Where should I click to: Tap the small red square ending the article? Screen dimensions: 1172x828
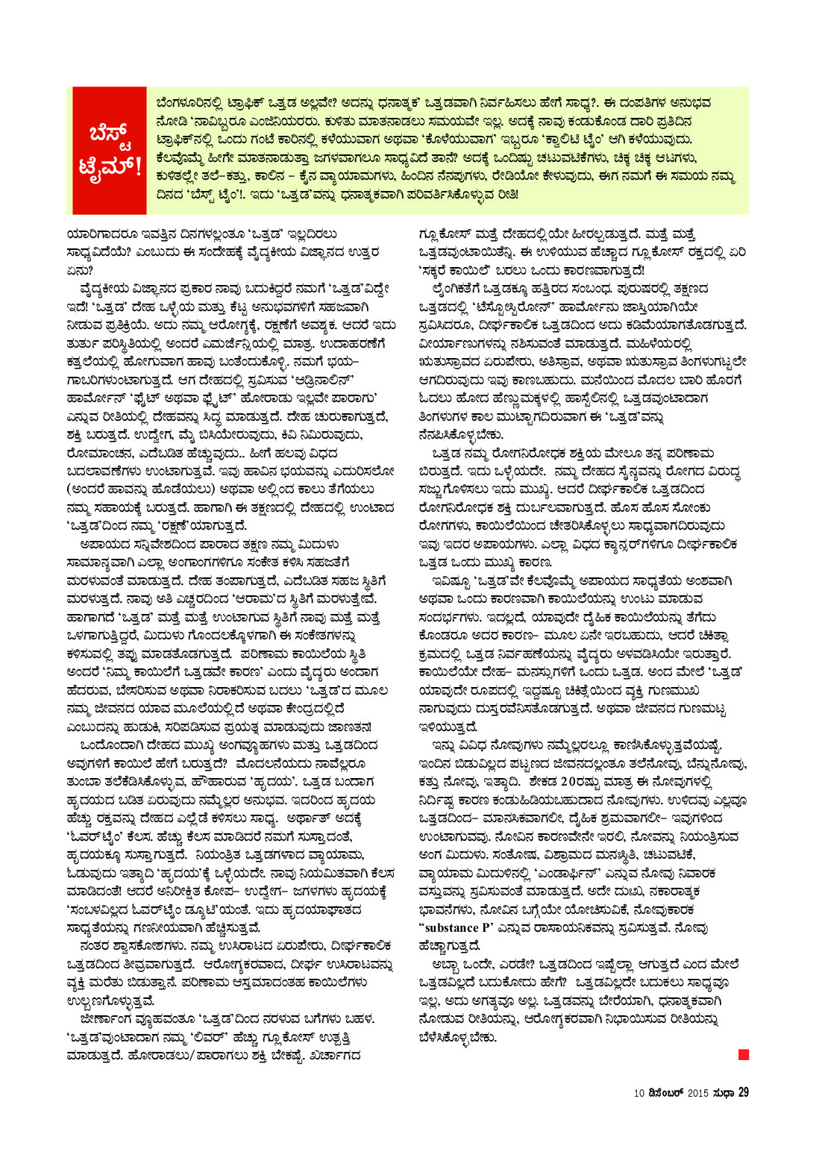(x=743, y=1054)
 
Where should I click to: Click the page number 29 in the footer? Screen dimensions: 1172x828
(x=743, y=1092)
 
